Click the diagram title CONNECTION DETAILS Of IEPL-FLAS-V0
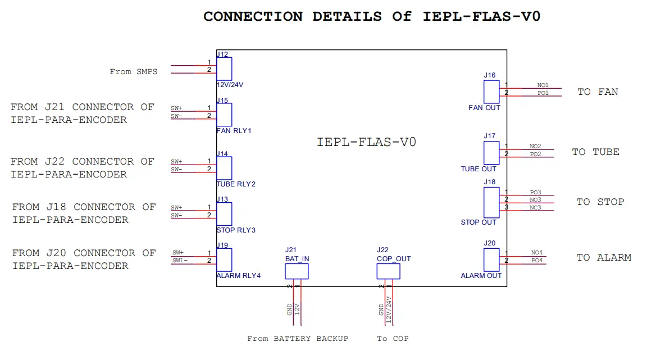[371, 16]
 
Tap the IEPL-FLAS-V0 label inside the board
[366, 142]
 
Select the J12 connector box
[224, 70]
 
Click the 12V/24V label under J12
[230, 85]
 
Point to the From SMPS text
[133, 72]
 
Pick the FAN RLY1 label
[234, 130]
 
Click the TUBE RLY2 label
[236, 184]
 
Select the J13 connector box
[224, 214]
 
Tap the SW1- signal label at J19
[179, 261]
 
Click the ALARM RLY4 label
[238, 276]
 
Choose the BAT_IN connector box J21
[297, 272]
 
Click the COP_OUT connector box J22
[388, 272]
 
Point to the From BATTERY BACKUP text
[298, 339]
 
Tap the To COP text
[393, 339]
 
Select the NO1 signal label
[543, 85]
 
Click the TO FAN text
[598, 92]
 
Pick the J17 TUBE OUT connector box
[491, 153]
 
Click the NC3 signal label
[535, 208]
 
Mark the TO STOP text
[600, 202]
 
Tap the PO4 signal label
[537, 261]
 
